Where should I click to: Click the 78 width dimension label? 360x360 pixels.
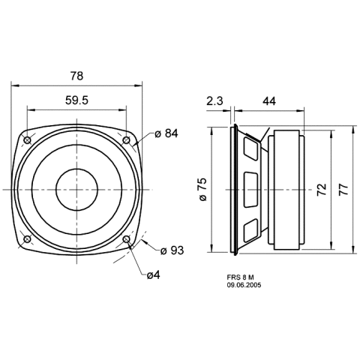point(76,76)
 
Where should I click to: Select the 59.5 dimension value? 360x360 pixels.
point(76,100)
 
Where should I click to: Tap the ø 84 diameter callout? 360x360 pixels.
point(166,133)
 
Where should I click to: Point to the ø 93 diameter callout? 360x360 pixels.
point(172,250)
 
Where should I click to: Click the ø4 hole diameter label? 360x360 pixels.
point(153,275)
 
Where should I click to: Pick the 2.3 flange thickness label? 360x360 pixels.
point(214,101)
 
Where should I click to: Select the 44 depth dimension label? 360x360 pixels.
point(269,101)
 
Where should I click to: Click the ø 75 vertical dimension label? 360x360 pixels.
point(203,189)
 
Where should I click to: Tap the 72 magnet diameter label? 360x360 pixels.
point(322,190)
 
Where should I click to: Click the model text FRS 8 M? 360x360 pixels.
point(240,277)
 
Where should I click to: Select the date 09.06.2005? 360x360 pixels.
point(244,285)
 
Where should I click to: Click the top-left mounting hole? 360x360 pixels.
point(27,140)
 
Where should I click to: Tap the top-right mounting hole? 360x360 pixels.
point(126,140)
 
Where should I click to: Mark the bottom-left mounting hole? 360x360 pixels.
point(27,239)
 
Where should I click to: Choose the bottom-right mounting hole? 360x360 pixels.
point(126,239)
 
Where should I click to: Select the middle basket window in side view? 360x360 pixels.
point(250,190)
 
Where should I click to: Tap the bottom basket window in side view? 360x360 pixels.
point(250,230)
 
